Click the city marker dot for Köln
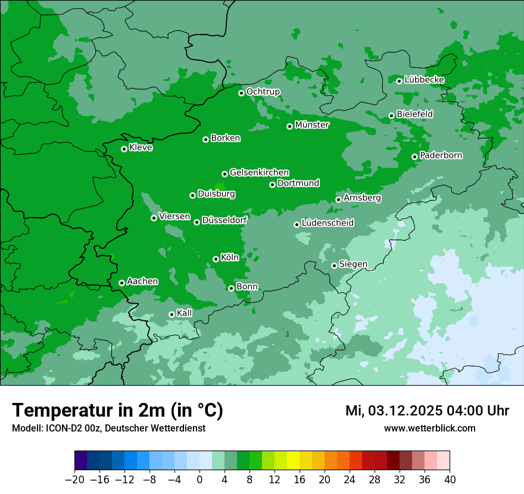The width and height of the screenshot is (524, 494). coord(216,259)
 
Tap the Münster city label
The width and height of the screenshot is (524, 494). coord(311,125)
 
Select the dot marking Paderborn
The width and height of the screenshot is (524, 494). coord(414,157)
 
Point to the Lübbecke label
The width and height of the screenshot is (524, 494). coord(424,80)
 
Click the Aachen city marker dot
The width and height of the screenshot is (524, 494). coord(121,283)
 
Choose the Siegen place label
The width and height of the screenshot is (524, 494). coord(353,264)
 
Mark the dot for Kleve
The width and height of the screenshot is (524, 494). coord(124,149)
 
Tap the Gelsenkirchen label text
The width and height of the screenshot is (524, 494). coord(259,173)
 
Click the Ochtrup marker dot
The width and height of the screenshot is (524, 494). coord(241,93)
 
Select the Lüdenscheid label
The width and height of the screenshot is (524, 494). coord(327,223)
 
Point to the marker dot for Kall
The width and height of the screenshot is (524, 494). coord(171,314)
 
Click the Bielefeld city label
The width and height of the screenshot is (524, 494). coord(414,114)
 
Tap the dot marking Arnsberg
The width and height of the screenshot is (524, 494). coord(338,199)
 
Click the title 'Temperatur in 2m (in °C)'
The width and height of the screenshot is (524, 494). coord(117,411)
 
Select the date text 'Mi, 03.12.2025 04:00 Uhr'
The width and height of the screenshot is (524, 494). coord(427,411)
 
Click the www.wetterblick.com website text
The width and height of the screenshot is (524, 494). coord(429,428)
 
